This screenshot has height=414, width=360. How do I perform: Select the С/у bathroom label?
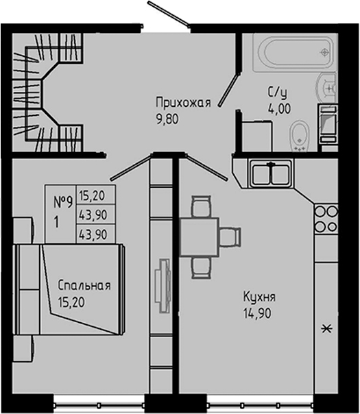[276, 93]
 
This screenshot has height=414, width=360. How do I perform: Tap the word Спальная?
[84, 286]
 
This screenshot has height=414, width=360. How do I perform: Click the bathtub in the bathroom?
[289, 51]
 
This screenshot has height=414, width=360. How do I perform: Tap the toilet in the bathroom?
[300, 134]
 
